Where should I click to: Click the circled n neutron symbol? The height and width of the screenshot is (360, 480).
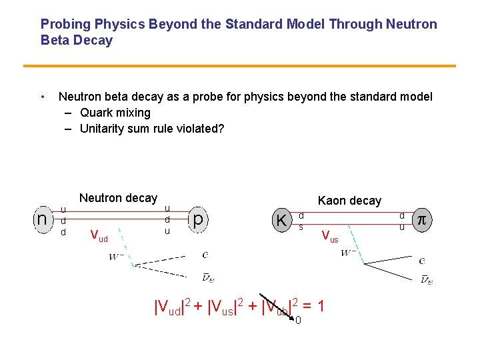pyautogui.click(x=42, y=219)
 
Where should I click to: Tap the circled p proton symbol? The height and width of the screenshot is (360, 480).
pyautogui.click(x=197, y=219)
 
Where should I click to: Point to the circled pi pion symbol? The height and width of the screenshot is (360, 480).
pyautogui.click(x=421, y=219)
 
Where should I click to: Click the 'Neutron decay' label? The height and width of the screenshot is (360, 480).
pyautogui.click(x=118, y=198)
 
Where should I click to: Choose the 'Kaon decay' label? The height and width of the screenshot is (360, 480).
pyautogui.click(x=349, y=201)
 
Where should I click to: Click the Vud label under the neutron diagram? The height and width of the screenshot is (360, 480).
pyautogui.click(x=99, y=235)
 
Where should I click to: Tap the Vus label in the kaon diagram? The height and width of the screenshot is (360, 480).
pyautogui.click(x=329, y=235)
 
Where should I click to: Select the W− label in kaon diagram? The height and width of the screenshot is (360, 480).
pyautogui.click(x=347, y=253)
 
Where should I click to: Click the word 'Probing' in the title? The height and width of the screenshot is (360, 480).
pyautogui.click(x=65, y=25)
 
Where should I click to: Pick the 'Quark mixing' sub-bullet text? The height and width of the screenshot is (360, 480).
pyautogui.click(x=115, y=113)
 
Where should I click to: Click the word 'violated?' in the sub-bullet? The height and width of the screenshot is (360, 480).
pyautogui.click(x=199, y=129)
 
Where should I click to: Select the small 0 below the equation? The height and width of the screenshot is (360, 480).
pyautogui.click(x=298, y=321)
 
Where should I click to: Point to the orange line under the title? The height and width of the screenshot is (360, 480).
pyautogui.click(x=239, y=66)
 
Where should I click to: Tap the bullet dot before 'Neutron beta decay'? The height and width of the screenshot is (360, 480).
pyautogui.click(x=43, y=97)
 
